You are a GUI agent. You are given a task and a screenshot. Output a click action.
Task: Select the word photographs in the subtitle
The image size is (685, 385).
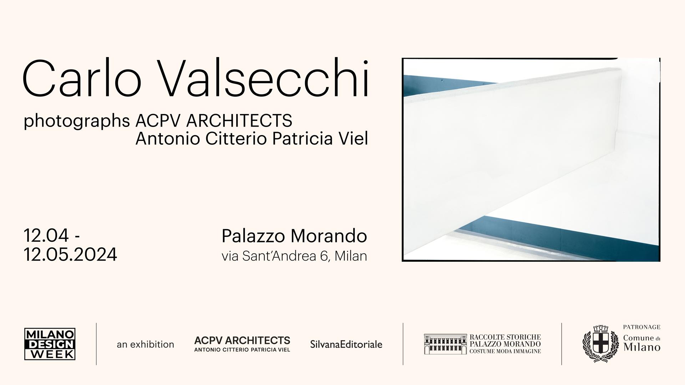pos(77,121)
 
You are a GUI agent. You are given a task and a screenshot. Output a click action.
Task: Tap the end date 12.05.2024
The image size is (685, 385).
pos(70,255)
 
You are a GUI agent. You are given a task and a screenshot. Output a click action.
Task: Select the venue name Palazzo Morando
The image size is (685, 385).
pos(294,236)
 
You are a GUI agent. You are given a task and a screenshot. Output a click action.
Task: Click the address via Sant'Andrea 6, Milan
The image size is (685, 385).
pos(294,256)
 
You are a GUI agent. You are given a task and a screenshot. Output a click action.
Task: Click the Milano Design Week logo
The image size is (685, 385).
pos(50,344)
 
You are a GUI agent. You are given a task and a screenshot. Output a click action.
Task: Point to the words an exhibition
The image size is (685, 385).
pos(145,344)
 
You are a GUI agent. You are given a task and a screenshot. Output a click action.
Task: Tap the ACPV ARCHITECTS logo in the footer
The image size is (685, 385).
pos(242,344)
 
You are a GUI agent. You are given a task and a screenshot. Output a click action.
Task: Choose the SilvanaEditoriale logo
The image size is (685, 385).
pos(346,344)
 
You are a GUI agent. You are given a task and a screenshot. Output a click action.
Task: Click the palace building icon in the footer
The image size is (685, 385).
pos(445,344)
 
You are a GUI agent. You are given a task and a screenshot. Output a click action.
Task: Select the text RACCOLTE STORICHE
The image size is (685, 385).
pos(505,337)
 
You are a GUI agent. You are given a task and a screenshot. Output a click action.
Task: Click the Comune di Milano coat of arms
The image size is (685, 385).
pos(600,344)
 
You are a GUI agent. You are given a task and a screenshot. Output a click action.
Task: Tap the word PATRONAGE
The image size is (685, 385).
pos(641,327)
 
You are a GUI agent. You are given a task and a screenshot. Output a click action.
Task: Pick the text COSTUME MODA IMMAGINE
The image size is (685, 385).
pos(505,351)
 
